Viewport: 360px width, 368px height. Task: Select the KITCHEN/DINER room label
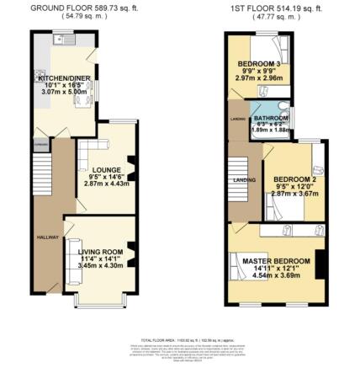pos(61,77)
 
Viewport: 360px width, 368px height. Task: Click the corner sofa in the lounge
pos(86,160)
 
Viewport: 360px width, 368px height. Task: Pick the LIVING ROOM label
pos(101,252)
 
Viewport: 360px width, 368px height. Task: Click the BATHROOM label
pos(269,118)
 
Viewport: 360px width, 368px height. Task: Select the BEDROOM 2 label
pos(294,179)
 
